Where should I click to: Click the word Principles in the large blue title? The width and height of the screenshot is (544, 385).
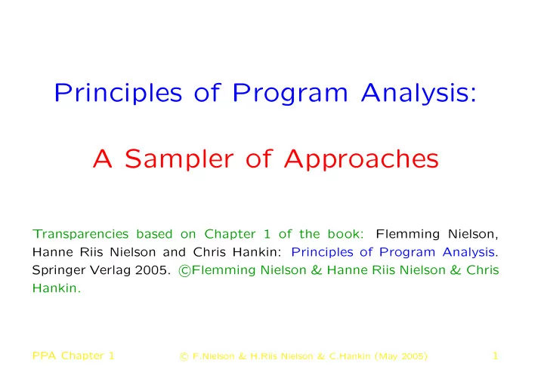coord(118,93)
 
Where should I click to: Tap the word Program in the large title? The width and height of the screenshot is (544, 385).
coord(289,94)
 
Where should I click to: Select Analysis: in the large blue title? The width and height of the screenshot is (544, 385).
coord(419,93)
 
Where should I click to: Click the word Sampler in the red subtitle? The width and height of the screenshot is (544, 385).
coord(179,159)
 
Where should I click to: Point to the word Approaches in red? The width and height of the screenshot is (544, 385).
coord(361,159)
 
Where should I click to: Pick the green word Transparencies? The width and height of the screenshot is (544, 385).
coord(81,234)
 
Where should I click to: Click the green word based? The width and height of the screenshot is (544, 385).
coord(154,234)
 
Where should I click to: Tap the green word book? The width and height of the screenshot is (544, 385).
coord(345,234)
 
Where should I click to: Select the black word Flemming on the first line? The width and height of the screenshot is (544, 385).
coord(408,235)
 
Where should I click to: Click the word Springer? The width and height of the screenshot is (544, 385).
coord(58,271)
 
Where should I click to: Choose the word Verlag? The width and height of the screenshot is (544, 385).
coord(110,270)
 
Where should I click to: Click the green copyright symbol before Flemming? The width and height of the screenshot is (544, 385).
coord(184,271)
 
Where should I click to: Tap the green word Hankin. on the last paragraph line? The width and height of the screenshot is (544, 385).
coord(57,288)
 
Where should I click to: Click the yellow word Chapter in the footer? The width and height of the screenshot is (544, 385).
coord(82,356)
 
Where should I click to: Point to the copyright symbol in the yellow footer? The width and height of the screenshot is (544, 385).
coord(184,356)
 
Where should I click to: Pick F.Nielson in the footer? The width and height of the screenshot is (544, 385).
coord(213,356)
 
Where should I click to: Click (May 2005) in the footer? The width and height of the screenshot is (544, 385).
coord(401,356)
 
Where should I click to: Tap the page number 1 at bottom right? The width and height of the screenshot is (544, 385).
coord(496,356)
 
